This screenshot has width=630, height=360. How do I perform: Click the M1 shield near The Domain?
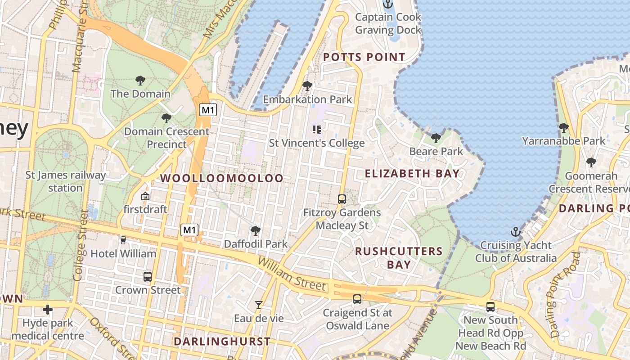coord(208,110)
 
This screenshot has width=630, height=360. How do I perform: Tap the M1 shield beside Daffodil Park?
coord(189,230)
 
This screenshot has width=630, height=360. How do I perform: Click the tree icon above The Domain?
coord(140,81)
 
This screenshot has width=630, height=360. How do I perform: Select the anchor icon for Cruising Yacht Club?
coord(515,232)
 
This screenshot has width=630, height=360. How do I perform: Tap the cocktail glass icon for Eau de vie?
coord(258,305)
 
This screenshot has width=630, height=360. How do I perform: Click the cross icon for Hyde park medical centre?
coord(48,310)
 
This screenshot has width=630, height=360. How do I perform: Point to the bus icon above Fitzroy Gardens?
coord(342,199)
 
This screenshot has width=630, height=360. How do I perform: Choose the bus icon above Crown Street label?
coord(148,277)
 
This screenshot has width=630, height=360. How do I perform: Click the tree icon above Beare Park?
coord(436,138)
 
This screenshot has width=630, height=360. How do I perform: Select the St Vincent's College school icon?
coord(316,130)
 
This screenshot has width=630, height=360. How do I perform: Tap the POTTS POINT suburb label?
coord(364,57)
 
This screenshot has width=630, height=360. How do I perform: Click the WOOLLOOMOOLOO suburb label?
coord(222,178)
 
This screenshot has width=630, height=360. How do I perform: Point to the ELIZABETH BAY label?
coord(412,174)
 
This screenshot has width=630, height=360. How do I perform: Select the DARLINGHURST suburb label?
coord(222,341)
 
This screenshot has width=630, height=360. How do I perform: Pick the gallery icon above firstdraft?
coord(145,196)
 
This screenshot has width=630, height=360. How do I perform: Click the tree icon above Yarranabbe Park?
coord(563,128)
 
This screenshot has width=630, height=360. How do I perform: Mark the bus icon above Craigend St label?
coord(357,299)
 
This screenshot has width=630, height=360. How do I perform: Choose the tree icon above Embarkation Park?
coord(307,85)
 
